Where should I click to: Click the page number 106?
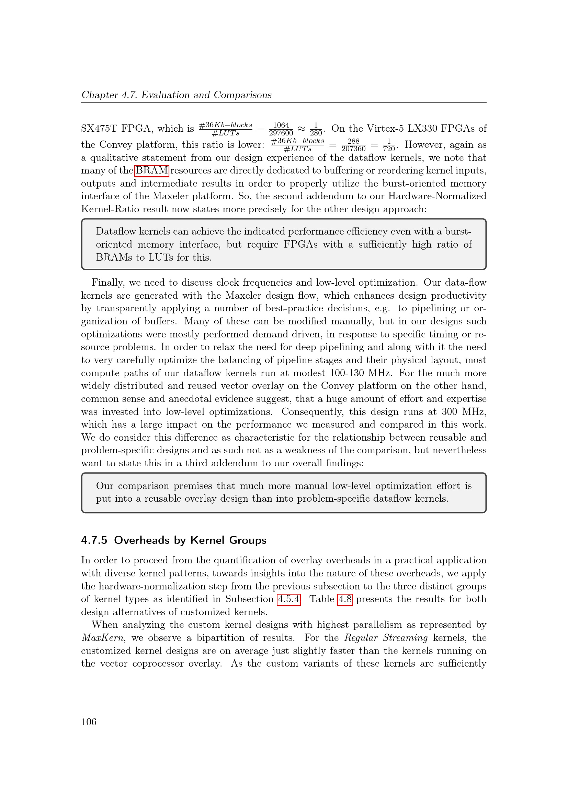point(89,722)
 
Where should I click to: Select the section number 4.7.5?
point(94,540)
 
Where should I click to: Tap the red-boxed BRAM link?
point(152,170)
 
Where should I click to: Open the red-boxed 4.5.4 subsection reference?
point(288,599)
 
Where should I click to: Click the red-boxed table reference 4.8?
point(344,599)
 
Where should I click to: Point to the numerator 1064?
point(281,125)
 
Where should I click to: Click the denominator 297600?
point(281,133)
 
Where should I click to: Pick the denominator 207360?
point(353,149)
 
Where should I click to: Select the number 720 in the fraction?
point(389,149)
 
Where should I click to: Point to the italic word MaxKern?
point(102,638)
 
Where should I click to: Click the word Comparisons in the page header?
point(242,95)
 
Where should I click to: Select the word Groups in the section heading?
point(247,540)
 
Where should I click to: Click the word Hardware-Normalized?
point(437,196)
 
